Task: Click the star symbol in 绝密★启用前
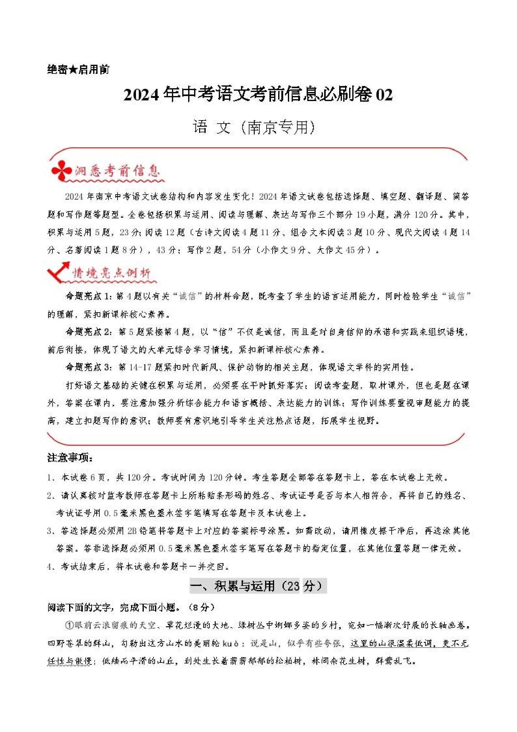click(73, 69)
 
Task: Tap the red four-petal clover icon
click(62, 170)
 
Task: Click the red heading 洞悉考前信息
click(118, 171)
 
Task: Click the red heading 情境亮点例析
click(112, 273)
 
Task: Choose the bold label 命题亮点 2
click(88, 332)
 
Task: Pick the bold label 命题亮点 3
click(88, 367)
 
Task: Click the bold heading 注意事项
click(70, 458)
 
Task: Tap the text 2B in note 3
click(132, 531)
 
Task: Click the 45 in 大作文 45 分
click(350, 250)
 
